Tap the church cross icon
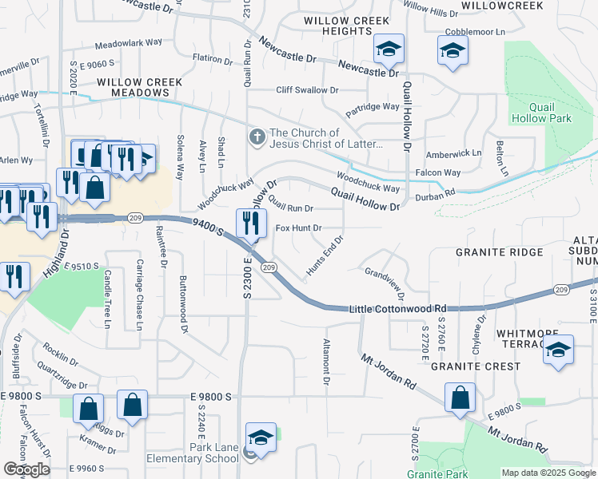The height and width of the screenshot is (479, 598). [x=257, y=137]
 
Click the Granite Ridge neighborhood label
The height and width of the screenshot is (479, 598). [x=499, y=252]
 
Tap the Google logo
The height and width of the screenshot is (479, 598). [x=26, y=469]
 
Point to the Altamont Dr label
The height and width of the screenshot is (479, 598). [x=326, y=361]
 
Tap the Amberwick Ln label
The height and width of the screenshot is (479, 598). [x=454, y=152]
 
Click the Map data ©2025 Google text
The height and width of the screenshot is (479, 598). [x=548, y=473]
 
